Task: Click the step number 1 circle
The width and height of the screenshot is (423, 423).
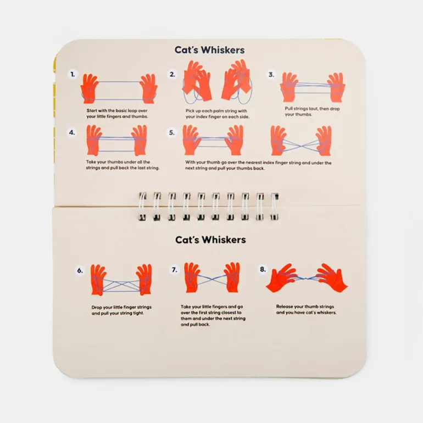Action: pos(72,74)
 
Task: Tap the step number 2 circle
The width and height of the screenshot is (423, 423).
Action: pos(172,74)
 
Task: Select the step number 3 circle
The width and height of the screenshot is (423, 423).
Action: pos(271,74)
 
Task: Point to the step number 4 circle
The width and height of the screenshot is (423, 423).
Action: pos(72,132)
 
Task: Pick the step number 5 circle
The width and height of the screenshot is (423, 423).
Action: pos(172,132)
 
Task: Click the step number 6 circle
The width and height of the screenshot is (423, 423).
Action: pos(80,270)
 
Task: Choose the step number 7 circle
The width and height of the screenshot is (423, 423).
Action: pos(175,270)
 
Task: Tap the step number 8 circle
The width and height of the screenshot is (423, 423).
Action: pos(262,269)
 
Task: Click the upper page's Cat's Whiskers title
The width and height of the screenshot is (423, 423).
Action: pos(210,50)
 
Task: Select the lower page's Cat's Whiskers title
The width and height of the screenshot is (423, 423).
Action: pos(210,240)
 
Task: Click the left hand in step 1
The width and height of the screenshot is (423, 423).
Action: pos(90,88)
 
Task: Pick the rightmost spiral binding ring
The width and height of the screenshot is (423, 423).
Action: pos(274,206)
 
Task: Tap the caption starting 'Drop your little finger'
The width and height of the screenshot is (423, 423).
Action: pos(121,310)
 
